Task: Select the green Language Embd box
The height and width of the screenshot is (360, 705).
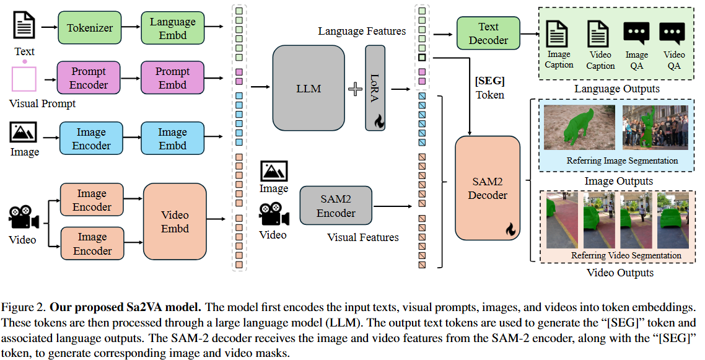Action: coord(172,28)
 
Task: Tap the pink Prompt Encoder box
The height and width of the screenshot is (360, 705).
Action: coord(89,78)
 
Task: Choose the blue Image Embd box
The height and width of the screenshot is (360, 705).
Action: coord(172,139)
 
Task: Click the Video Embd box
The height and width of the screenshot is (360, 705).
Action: coord(175,222)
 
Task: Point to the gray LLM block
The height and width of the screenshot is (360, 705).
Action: coord(308,89)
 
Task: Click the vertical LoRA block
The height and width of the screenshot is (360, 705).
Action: coord(375,89)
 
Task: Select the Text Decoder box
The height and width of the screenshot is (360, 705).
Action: coord(488,33)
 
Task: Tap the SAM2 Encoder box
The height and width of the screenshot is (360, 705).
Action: coord(336,206)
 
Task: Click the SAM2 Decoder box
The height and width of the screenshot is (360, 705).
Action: coord(487,188)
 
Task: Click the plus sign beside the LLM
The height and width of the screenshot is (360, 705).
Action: coord(355,89)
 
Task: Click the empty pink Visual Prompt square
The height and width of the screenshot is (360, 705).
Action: coord(24,79)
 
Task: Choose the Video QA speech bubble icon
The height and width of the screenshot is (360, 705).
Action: coord(672,33)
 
